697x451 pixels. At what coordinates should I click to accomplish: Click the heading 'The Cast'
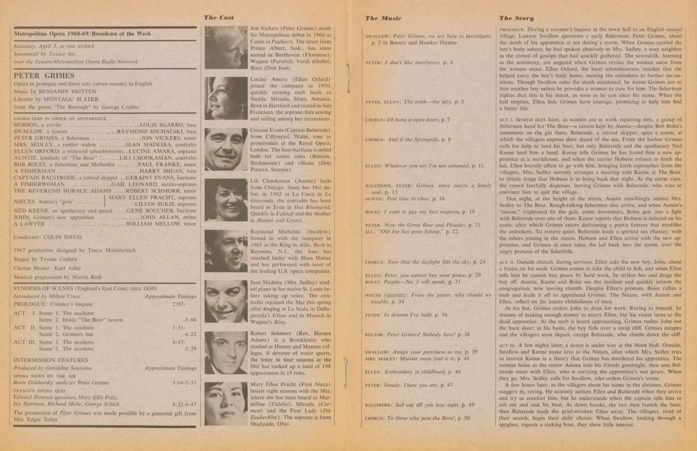pyautogui.click(x=219, y=17)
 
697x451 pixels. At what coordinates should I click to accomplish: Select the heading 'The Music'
pyautogui.click(x=383, y=18)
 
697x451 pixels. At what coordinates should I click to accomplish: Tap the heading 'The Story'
pyautogui.click(x=516, y=18)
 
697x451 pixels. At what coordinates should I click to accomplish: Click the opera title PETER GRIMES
pyautogui.click(x=44, y=76)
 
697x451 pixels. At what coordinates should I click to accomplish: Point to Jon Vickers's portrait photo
pyautogui.click(x=226, y=48)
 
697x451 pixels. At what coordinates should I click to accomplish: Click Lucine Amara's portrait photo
pyautogui.click(x=226, y=98)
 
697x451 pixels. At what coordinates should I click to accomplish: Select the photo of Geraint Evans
pyautogui.click(x=226, y=149)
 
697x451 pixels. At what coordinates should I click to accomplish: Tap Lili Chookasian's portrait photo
pyautogui.click(x=226, y=200)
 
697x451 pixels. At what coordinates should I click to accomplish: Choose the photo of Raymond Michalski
pyautogui.click(x=226, y=251)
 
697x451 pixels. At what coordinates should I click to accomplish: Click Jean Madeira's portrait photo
pyautogui.click(x=226, y=301)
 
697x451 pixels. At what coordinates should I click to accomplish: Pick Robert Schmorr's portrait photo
pyautogui.click(x=226, y=352)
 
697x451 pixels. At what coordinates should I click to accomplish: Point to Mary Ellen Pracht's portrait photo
pyautogui.click(x=226, y=403)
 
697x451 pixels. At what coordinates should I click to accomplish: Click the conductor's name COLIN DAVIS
pyautogui.click(x=62, y=237)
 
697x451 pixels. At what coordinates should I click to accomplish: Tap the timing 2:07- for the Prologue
pyautogui.click(x=179, y=304)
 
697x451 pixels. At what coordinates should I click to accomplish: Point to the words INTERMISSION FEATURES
pyautogui.click(x=51, y=360)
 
